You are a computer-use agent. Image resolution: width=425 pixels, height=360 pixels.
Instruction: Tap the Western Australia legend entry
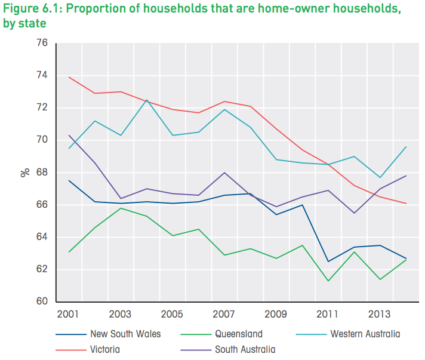click(x=365, y=334)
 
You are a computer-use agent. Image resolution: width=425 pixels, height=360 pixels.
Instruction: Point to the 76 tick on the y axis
click(x=42, y=43)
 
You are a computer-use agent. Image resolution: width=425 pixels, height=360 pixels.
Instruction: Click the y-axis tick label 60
click(x=42, y=301)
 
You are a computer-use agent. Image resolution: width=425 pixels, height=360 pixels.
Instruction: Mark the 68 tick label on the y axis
click(x=42, y=173)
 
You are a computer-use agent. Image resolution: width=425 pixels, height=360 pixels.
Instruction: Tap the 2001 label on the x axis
click(x=70, y=314)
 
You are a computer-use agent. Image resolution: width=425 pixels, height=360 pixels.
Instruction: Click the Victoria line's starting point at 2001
click(x=70, y=77)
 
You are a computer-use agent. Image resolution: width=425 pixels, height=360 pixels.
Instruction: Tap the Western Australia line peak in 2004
click(x=146, y=100)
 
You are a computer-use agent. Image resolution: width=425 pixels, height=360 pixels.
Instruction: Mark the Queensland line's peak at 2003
click(x=121, y=208)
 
